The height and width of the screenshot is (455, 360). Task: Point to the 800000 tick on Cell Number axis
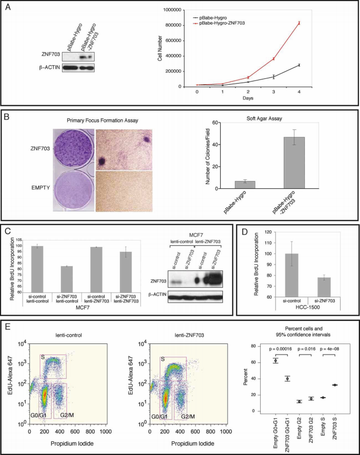click(x=174, y=25)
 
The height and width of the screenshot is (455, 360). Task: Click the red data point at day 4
click(x=299, y=23)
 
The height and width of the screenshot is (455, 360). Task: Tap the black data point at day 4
click(x=299, y=65)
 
